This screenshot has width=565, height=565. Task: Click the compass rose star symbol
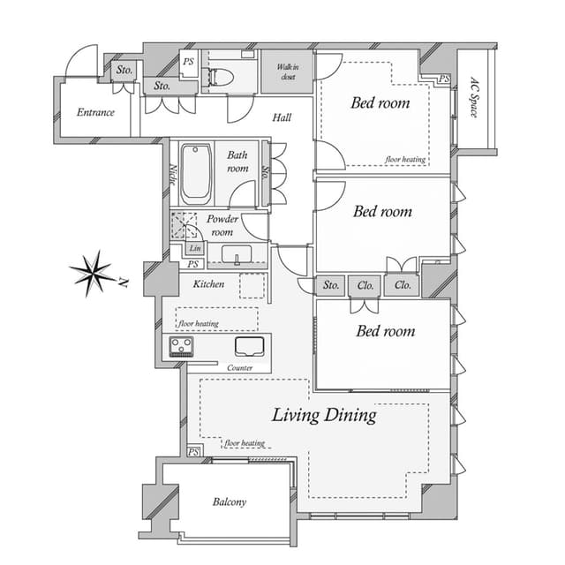pyautogui.click(x=93, y=274)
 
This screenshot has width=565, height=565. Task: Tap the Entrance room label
pyautogui.click(x=95, y=112)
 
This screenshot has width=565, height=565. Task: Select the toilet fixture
pyautogui.click(x=219, y=77)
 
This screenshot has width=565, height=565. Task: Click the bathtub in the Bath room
pyautogui.click(x=195, y=174)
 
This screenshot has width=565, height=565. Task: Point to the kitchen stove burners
pyautogui.click(x=181, y=346)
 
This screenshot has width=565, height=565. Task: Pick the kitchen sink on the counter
pyautogui.click(x=249, y=346)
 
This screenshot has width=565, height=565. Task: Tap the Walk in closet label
pyautogui.click(x=288, y=72)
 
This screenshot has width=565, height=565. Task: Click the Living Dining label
pyautogui.click(x=324, y=415)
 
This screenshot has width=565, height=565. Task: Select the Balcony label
pyautogui.click(x=230, y=501)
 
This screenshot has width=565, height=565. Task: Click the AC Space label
pyautogui.click(x=475, y=97)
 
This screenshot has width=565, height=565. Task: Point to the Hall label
pyautogui.click(x=282, y=117)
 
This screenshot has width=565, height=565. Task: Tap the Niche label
pyautogui.click(x=173, y=175)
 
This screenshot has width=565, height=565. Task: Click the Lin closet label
pyautogui.click(x=195, y=248)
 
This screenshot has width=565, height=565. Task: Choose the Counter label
pyautogui.click(x=239, y=368)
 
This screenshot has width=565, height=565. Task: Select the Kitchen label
pyautogui.click(x=208, y=284)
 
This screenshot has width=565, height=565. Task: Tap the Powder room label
pyautogui.click(x=222, y=226)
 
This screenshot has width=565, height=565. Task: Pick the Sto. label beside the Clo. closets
pyautogui.click(x=331, y=285)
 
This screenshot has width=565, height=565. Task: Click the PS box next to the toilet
pyautogui.click(x=188, y=62)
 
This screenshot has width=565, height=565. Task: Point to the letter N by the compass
pyautogui.click(x=124, y=282)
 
